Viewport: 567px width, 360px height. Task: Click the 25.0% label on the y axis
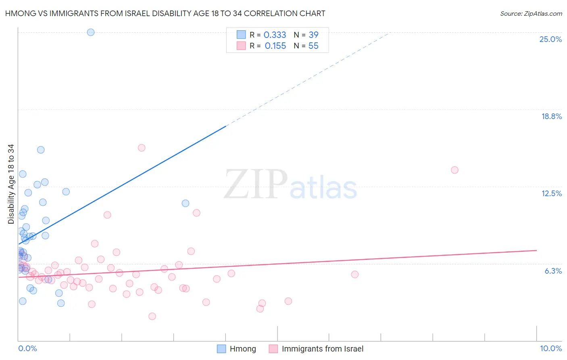click(550, 39)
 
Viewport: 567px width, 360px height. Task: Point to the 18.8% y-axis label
click(551, 116)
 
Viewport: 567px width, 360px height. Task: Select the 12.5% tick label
click(551, 193)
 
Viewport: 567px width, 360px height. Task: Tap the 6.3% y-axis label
click(553, 271)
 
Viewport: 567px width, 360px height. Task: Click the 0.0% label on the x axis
click(27, 348)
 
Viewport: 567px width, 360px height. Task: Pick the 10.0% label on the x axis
click(551, 348)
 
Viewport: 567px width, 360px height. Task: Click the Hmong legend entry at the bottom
click(242, 349)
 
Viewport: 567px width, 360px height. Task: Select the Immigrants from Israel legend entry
click(322, 349)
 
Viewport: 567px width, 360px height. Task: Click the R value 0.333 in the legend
click(275, 35)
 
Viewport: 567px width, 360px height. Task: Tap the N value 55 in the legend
click(313, 46)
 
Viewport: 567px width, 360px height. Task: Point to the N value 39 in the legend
click(313, 35)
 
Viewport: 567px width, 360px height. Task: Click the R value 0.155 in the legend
click(275, 46)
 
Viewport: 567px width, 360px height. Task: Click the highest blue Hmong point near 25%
click(91, 32)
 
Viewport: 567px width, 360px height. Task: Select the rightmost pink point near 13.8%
click(454, 170)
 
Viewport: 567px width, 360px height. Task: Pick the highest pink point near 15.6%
click(142, 148)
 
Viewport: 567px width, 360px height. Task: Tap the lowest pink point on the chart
click(152, 316)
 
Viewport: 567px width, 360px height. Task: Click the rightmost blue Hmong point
click(186, 203)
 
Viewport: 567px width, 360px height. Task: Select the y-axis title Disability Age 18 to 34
click(11, 184)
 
